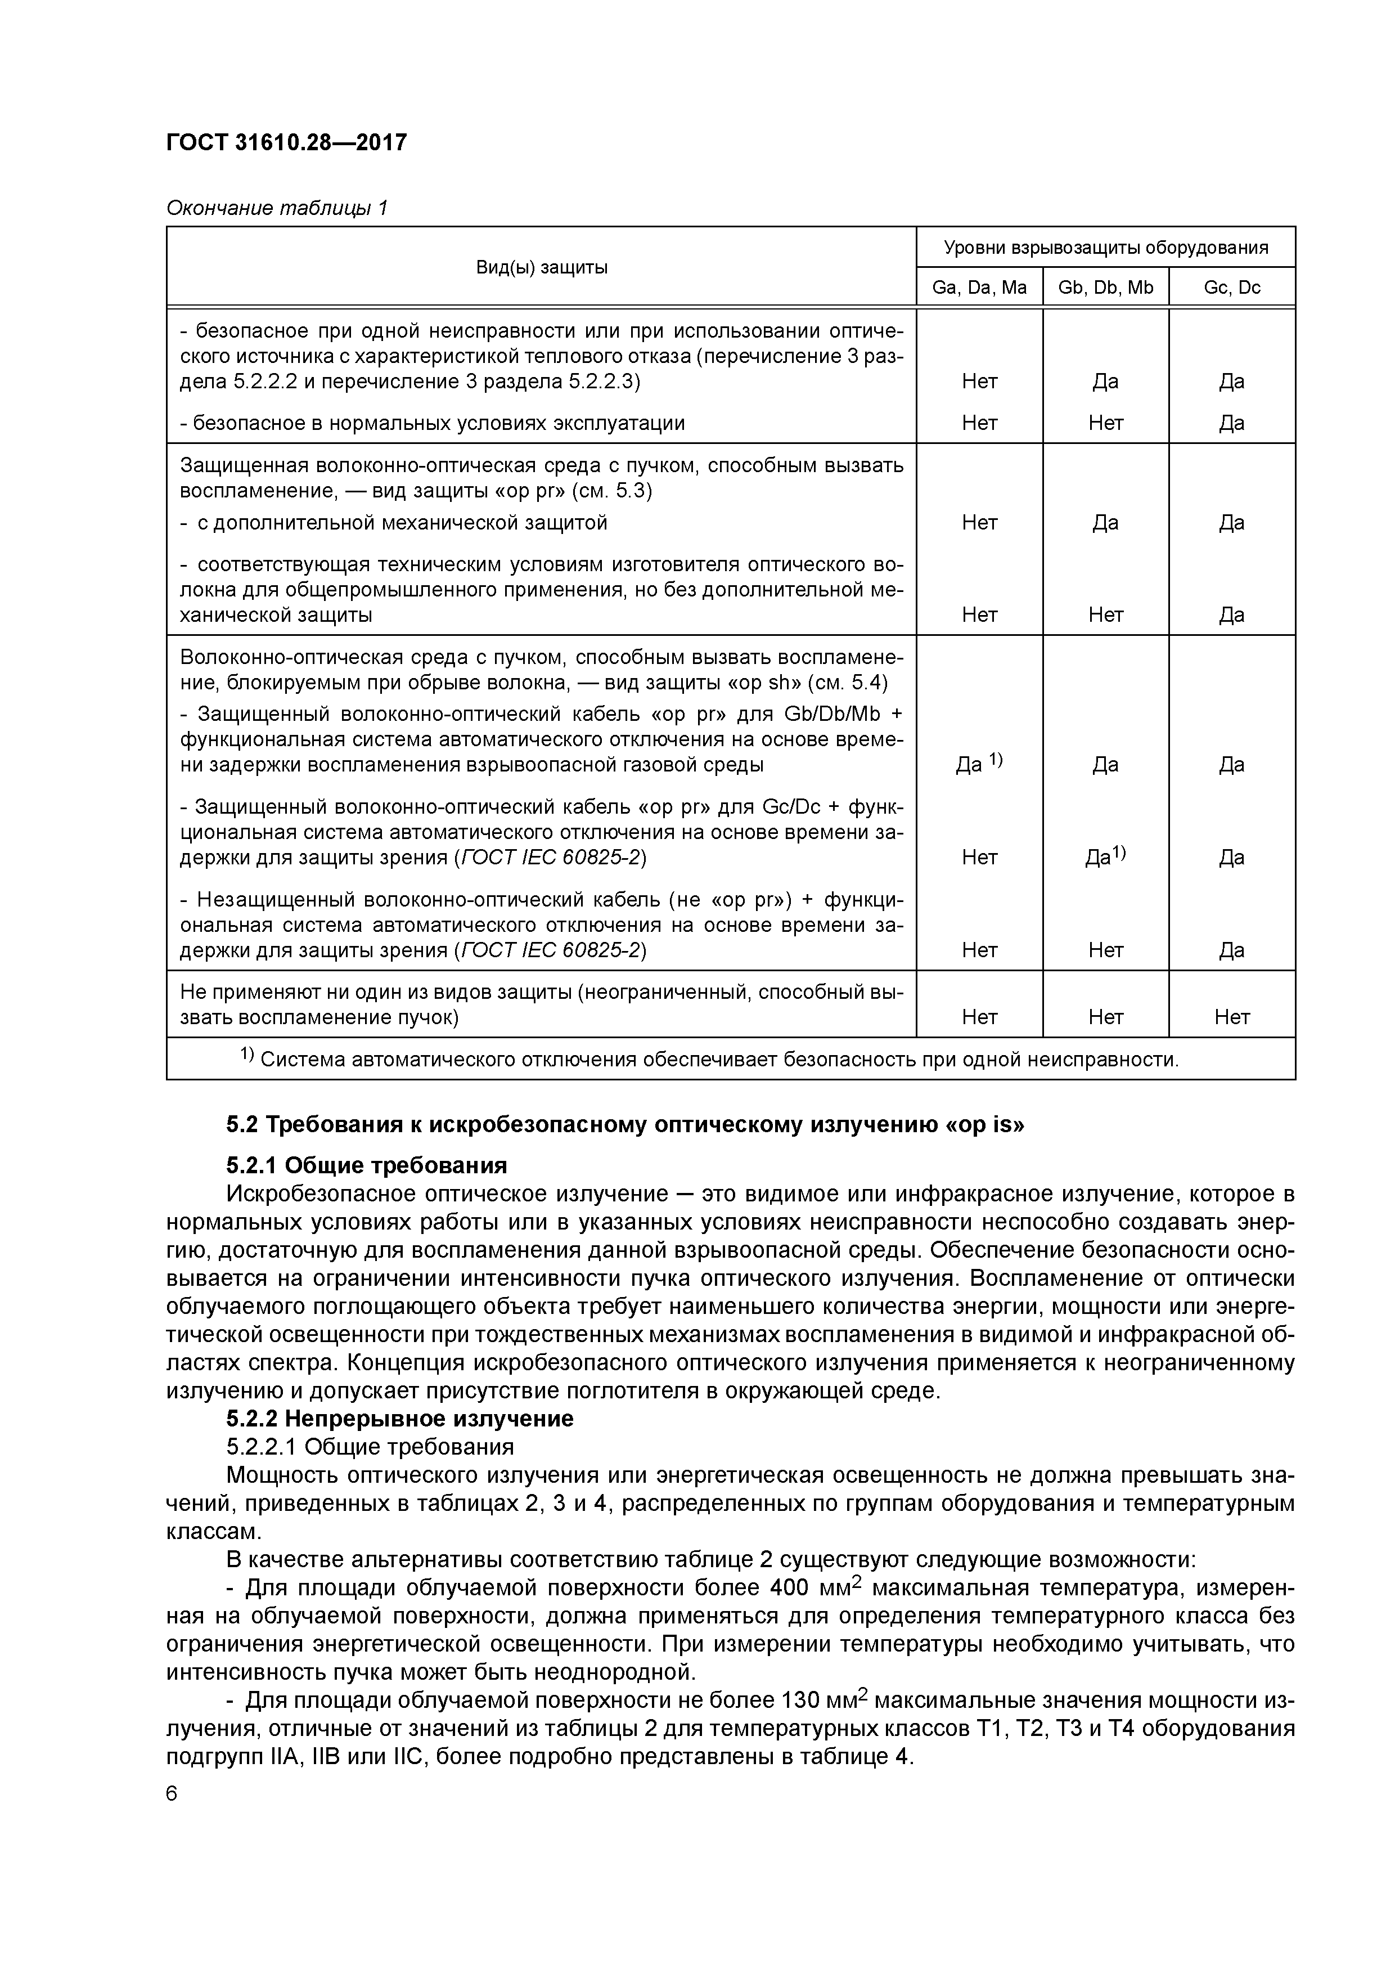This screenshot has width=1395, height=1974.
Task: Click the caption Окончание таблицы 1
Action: (x=277, y=208)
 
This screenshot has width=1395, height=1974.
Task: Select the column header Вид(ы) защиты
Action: (x=542, y=267)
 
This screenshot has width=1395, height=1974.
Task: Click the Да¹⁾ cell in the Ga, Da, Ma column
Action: (x=979, y=764)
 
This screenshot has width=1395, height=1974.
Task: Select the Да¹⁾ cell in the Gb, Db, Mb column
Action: (x=1105, y=857)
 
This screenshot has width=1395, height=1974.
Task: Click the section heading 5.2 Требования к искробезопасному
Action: (x=625, y=1124)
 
